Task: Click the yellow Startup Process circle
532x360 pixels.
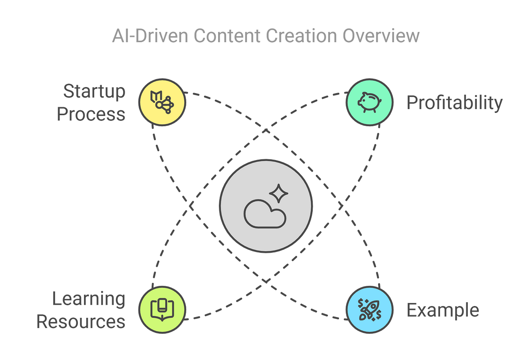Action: point(162,102)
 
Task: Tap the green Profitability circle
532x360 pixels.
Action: point(369,102)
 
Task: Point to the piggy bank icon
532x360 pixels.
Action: point(369,102)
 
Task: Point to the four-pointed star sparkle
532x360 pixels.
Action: point(279,193)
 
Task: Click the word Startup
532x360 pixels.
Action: point(94,92)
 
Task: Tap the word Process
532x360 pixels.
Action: point(91,114)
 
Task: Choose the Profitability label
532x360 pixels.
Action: point(454,103)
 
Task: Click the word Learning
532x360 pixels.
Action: point(89,299)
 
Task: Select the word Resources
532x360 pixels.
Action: point(81,321)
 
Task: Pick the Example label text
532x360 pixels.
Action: point(443,310)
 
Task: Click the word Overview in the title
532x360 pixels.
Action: point(381,36)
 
